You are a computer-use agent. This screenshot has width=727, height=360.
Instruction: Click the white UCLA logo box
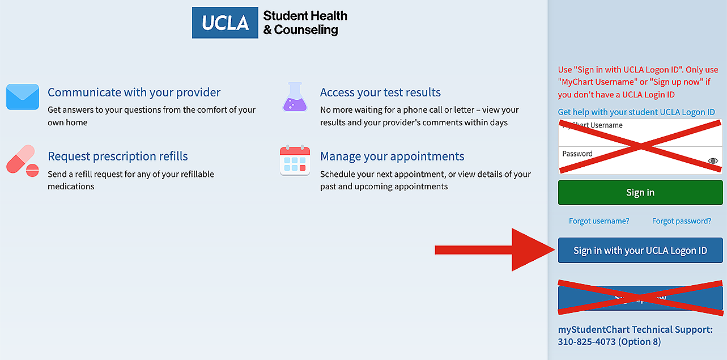pos(226,23)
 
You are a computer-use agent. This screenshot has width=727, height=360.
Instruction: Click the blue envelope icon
pos(23,97)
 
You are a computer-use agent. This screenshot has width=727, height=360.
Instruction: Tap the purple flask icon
pos(295,97)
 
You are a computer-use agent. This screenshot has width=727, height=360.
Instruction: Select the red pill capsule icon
pos(23,160)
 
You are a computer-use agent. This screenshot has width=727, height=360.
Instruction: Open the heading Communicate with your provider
pos(134,92)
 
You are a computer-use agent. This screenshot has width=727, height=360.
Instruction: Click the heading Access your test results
pos(380,92)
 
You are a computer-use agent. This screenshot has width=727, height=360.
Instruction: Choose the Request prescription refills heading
pos(118,156)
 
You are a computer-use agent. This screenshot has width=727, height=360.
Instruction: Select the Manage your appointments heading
pos(392,156)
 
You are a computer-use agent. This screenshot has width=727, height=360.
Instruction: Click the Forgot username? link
pos(599,221)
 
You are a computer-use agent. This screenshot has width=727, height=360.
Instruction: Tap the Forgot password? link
pos(682,221)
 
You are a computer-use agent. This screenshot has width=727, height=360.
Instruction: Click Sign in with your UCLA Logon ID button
pos(640,251)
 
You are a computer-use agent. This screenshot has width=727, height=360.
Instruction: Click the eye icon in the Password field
pos(713,161)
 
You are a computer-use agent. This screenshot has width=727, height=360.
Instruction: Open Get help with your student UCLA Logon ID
pos(636,112)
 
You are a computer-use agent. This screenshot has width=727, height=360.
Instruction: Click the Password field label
pos(577,154)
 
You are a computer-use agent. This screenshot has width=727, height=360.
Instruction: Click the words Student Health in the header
pos(305,16)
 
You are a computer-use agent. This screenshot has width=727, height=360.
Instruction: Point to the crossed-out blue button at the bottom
pos(640,298)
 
